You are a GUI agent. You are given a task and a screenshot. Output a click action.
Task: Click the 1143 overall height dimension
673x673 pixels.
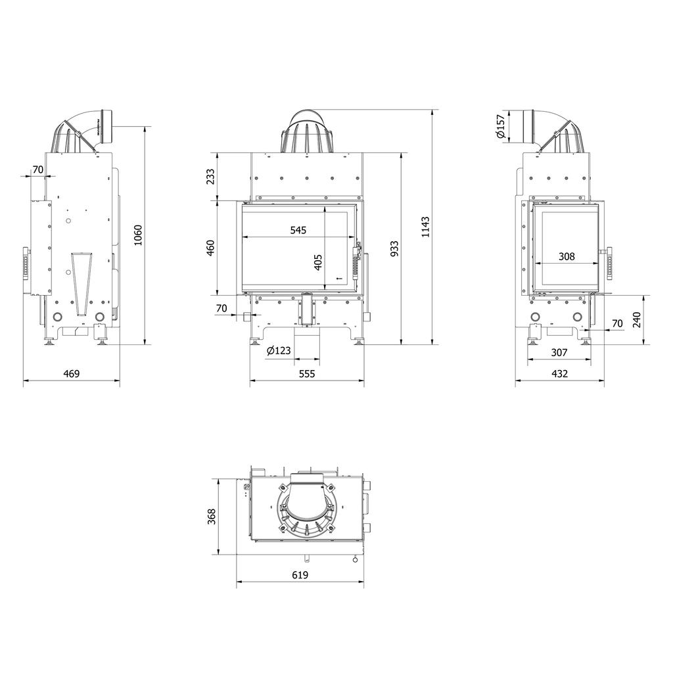pyautogui.click(x=425, y=227)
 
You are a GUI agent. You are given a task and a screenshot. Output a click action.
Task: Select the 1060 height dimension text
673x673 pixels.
pyautogui.click(x=137, y=235)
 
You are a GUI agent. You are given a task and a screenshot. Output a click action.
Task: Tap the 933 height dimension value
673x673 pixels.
pyautogui.click(x=394, y=249)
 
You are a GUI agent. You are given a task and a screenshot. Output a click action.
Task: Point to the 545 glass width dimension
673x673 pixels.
pyautogui.click(x=298, y=231)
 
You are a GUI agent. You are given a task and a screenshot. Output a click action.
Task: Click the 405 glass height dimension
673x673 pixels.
pyautogui.click(x=318, y=262)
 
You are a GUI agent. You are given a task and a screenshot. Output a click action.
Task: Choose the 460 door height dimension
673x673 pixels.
pyautogui.click(x=210, y=248)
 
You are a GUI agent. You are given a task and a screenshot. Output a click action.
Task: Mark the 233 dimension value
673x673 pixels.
pyautogui.click(x=210, y=176)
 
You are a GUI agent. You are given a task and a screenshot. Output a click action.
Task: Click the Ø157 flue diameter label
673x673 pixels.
pyautogui.click(x=500, y=126)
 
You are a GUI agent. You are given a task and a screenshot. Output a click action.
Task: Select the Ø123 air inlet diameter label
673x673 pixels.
pyautogui.click(x=279, y=351)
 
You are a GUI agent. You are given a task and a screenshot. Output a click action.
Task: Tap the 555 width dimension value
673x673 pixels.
pyautogui.click(x=307, y=374)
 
